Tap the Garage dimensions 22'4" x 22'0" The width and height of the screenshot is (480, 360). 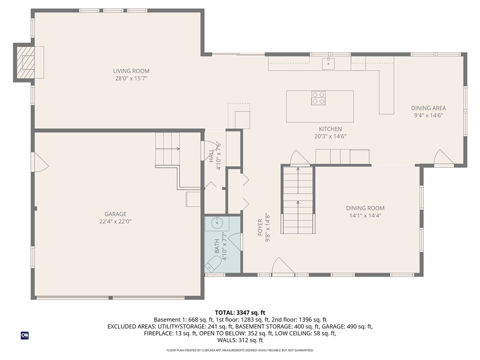pyautogui.click(x=115, y=222)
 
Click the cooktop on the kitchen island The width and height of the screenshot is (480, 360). pyautogui.click(x=318, y=98)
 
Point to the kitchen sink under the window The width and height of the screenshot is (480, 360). pyautogui.click(x=328, y=63)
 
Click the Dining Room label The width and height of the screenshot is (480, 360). pyautogui.click(x=365, y=208)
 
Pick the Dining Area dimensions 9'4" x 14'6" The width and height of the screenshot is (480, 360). pyautogui.click(x=428, y=115)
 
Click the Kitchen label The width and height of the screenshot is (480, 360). pyautogui.click(x=330, y=129)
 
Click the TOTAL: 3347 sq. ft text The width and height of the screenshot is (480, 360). pyautogui.click(x=240, y=312)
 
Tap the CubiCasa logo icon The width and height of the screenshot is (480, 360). pyautogui.click(x=24, y=336)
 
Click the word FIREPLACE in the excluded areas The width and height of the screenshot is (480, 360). pyautogui.click(x=160, y=334)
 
